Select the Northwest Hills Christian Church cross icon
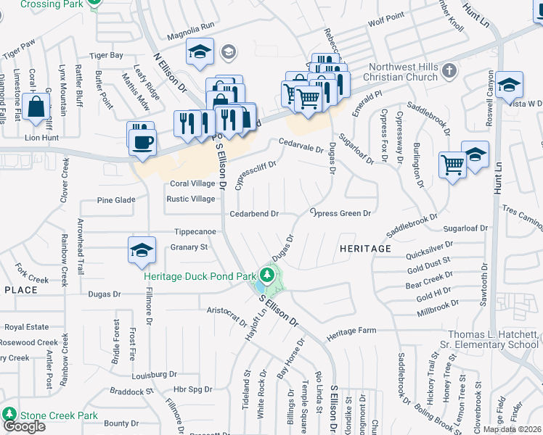tap(449, 71)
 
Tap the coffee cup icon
tap(142, 141)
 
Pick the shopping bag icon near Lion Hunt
tap(36, 107)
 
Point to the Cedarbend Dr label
tap(254, 214)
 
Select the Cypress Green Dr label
tap(340, 213)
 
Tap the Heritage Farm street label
tap(351, 331)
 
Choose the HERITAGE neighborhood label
tap(365, 249)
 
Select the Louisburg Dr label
tap(155, 376)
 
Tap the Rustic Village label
tap(191, 199)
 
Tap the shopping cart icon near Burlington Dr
tap(452, 165)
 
